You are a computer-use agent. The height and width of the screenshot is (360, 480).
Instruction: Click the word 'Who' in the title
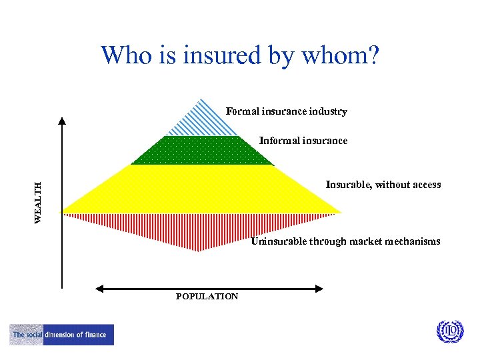(127, 56)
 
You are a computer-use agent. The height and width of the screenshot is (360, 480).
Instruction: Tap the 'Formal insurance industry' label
(286, 111)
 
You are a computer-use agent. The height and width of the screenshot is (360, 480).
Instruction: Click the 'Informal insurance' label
(303, 141)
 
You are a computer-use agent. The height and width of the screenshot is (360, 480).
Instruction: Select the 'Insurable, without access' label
(383, 185)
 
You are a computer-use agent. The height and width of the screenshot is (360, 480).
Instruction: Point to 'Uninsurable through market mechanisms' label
(345, 241)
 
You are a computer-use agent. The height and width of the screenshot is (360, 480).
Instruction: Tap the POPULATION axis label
(207, 297)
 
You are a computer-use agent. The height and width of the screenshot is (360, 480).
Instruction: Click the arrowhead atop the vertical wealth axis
(62, 121)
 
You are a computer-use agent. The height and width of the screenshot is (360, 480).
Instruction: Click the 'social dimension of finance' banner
(62, 335)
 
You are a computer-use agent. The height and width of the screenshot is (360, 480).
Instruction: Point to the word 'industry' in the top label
(328, 111)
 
